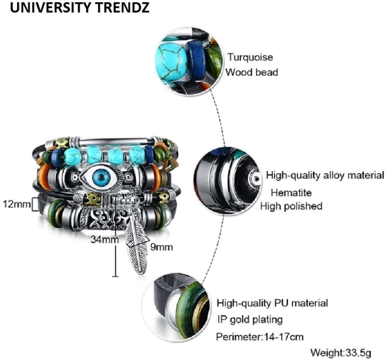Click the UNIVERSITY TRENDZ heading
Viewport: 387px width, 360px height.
tap(80, 8)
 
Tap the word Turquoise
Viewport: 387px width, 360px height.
tap(250, 57)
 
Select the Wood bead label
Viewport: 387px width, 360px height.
tap(252, 72)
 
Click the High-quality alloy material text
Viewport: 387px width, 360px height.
tap(325, 175)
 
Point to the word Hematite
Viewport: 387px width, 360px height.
tap(291, 193)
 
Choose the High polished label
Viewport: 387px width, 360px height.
tap(291, 206)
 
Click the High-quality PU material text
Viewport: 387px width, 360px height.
tap(272, 303)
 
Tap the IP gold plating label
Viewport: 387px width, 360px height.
tap(250, 320)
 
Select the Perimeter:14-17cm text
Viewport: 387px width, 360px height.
tap(260, 337)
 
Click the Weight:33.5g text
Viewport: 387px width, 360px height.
tap(341, 353)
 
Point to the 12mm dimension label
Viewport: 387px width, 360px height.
tap(17, 204)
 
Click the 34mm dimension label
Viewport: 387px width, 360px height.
tap(104, 239)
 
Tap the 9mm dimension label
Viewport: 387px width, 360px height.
tap(162, 247)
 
